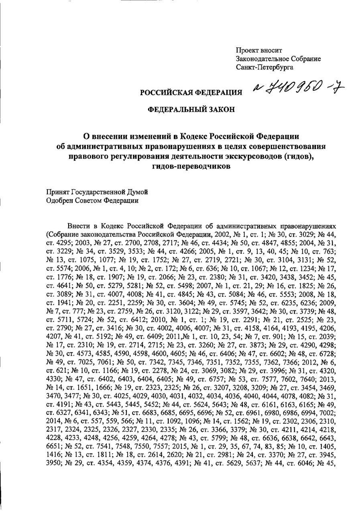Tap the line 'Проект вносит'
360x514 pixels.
[x=259, y=51]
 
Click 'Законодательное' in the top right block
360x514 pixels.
[x=264, y=59]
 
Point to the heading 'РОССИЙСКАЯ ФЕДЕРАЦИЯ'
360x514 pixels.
[x=191, y=93]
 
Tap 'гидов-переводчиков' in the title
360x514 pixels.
[x=191, y=167]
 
